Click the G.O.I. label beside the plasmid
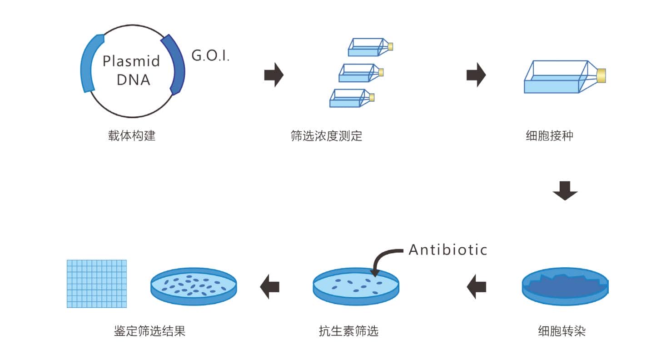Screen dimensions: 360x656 (210, 56)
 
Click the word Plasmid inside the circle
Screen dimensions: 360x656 (131, 61)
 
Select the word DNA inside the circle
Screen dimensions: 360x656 (133, 80)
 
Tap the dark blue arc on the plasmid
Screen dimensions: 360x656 (174, 64)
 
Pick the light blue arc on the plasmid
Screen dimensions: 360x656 (89, 64)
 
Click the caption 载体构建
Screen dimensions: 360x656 (132, 135)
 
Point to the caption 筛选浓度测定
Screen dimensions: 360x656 (326, 135)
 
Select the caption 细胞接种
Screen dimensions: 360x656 (549, 135)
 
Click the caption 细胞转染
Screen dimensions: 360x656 (562, 331)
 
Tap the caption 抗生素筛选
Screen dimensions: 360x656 (348, 331)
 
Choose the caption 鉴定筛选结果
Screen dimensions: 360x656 (149, 331)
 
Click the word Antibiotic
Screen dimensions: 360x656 (447, 250)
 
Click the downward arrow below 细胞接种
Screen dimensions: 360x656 (565, 190)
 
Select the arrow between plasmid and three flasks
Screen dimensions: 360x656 (273, 75)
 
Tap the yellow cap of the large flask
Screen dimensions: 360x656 (601, 76)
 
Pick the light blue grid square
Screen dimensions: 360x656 (97, 284)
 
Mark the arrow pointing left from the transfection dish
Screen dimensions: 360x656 (477, 287)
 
